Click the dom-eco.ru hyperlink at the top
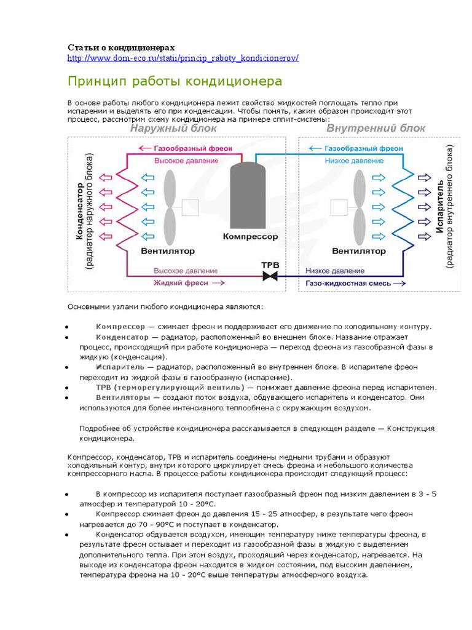coord(183,58)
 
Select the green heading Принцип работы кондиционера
coord(175,81)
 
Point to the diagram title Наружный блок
coord(173,129)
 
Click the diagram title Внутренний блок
coord(376,129)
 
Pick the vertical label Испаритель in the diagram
coord(440,209)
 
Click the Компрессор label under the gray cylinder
coord(250,236)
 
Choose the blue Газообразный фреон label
coord(363,148)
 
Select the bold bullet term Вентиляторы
coord(120,397)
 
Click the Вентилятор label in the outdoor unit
coord(168,251)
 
